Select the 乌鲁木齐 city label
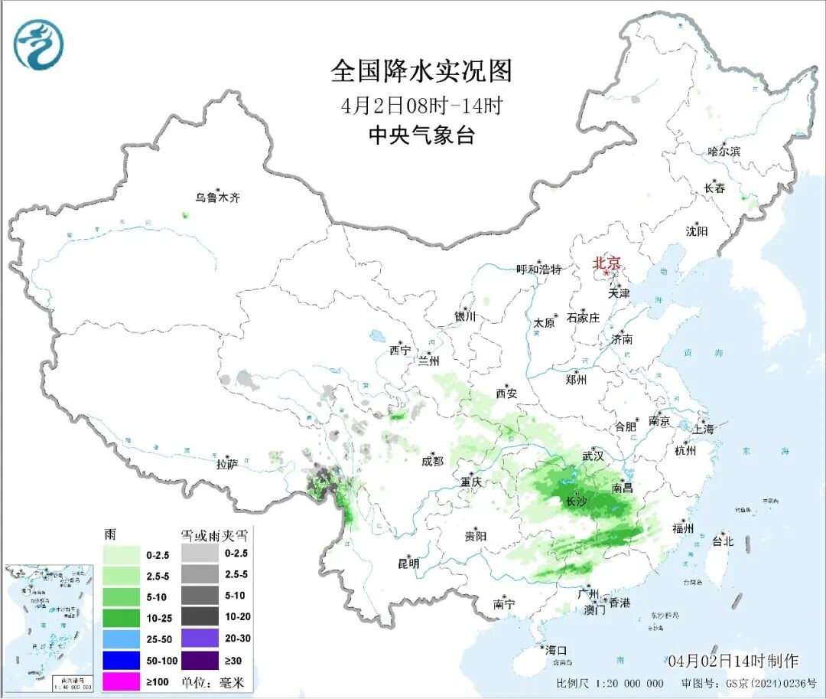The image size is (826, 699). [217, 198]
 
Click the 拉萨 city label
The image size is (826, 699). [227, 463]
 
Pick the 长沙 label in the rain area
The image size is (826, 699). [577, 502]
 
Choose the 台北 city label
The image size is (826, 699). [722, 541]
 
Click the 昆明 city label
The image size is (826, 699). [408, 563]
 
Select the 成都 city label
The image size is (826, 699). [432, 461]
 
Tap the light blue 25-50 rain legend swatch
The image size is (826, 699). [123, 637]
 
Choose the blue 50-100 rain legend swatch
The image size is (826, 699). [123, 658]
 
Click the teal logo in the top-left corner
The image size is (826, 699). [38, 44]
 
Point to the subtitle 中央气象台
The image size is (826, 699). [421, 136]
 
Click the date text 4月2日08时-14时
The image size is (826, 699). [421, 105]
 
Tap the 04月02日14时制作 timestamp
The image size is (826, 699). [732, 660]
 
